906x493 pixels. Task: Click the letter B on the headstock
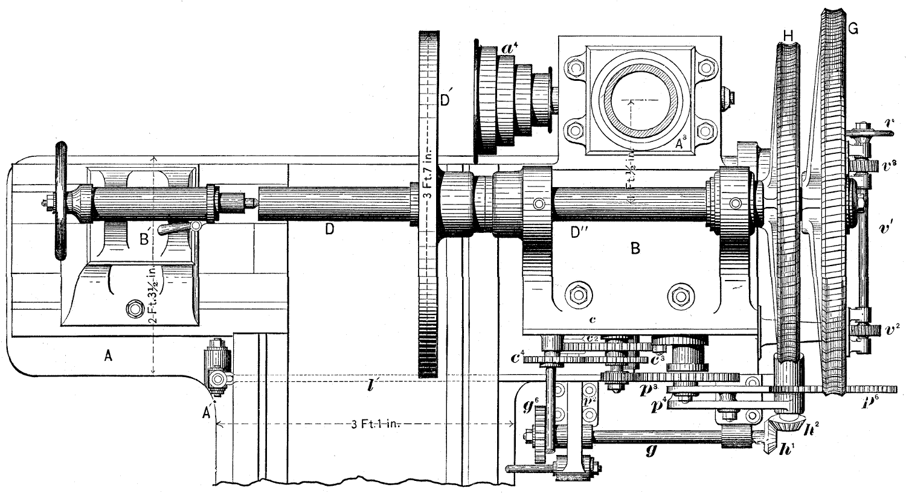click(634, 248)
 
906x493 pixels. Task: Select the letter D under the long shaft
click(329, 229)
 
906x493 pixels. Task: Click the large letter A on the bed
click(108, 356)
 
